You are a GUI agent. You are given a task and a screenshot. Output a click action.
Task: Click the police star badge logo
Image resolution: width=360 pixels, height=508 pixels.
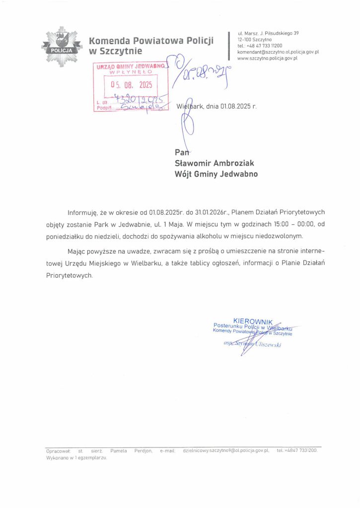tap(61, 47)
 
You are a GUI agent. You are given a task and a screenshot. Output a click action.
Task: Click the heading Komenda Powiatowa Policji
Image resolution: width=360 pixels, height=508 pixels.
tap(151, 41)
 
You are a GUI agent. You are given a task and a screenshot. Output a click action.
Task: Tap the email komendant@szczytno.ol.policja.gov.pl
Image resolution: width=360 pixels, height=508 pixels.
tap(278, 52)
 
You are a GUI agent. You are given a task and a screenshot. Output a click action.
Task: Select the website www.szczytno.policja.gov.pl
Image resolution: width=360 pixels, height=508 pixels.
tap(267, 58)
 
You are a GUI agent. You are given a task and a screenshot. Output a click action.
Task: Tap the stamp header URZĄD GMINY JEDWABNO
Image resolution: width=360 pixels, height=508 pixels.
tap(130, 66)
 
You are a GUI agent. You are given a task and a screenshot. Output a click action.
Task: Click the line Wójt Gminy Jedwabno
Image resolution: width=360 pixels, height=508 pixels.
tap(216, 174)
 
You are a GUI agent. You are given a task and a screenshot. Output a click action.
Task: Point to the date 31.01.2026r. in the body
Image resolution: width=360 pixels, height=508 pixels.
tap(216, 212)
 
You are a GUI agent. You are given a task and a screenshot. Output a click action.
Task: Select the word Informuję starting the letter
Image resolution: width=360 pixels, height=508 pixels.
tap(83, 212)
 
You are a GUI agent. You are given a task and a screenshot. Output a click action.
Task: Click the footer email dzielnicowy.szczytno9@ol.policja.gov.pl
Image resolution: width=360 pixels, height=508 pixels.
tap(226, 451)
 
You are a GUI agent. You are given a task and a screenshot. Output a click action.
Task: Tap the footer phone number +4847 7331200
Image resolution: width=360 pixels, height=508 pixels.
tap(300, 451)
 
